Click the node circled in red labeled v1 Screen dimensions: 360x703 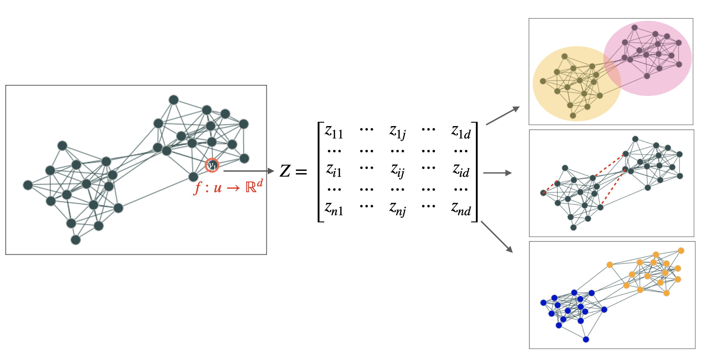(212, 165)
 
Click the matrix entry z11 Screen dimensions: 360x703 (334, 132)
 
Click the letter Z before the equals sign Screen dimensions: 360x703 (285, 171)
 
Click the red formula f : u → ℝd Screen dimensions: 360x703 (228, 187)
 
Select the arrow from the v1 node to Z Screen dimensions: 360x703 (249, 171)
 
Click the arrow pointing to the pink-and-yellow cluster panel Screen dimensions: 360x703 (503, 116)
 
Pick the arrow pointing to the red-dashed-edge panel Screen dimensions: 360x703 (497, 173)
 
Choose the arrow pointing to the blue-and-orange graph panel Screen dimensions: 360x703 (497, 236)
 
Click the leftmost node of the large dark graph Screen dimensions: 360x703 (28, 185)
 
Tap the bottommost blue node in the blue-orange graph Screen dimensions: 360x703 (586, 339)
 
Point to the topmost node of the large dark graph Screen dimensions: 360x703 (174, 100)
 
